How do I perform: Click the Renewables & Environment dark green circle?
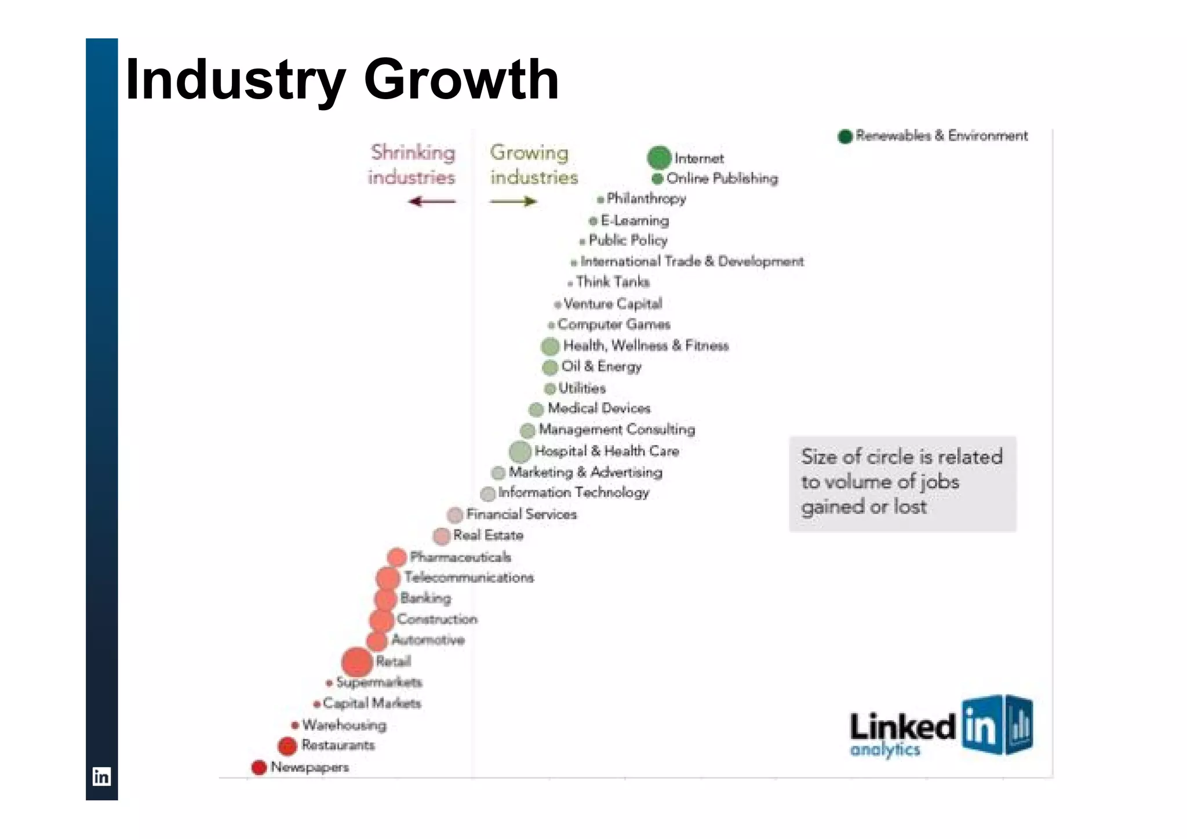point(845,136)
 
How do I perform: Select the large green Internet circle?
point(659,158)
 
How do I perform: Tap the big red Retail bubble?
point(356,662)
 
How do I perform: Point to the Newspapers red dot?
point(258,768)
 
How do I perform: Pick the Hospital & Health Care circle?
point(520,452)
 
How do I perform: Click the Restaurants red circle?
point(287,746)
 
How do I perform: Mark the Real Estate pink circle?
point(442,536)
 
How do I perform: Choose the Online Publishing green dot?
point(657,179)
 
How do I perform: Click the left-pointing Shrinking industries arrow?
point(432,202)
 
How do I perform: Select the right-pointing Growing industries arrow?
point(513,202)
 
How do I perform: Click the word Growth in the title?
point(461,79)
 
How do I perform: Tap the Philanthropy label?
point(646,199)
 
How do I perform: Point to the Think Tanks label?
point(613,282)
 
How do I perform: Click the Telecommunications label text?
point(469,578)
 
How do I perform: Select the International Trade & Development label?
point(692,261)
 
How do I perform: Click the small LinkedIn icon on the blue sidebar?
point(101,776)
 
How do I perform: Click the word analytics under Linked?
point(885,750)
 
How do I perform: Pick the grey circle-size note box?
point(902,484)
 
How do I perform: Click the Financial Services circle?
point(455,515)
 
